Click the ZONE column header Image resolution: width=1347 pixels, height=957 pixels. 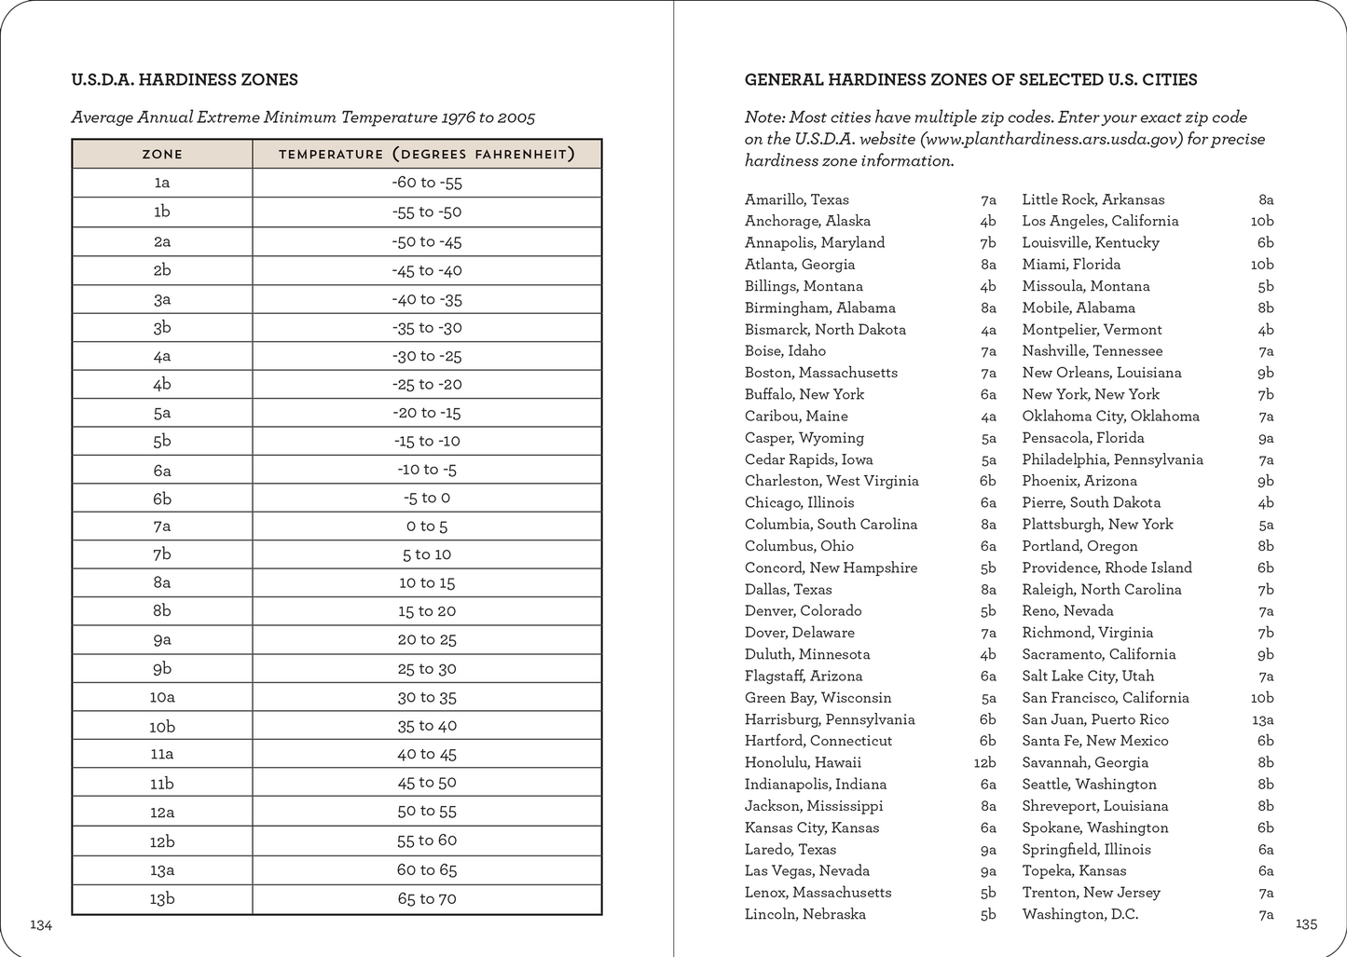click(162, 154)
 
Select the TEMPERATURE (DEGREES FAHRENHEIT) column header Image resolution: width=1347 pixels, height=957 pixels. click(427, 154)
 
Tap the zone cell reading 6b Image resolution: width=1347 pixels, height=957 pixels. click(162, 498)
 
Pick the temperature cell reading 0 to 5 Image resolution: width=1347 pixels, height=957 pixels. click(427, 526)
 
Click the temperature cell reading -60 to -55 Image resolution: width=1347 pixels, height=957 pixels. click(427, 183)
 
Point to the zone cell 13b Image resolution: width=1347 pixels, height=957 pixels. click(162, 899)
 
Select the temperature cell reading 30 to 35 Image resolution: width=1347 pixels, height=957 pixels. click(427, 697)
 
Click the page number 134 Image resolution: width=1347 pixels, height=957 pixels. click(41, 924)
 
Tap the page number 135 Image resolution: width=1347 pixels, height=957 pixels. click(1306, 924)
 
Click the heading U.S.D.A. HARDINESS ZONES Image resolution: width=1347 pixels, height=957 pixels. click(185, 80)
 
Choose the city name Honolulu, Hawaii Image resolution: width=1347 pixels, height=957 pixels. click(803, 762)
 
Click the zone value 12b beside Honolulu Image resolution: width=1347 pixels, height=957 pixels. click(984, 763)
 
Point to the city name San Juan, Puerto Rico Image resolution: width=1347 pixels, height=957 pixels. click(1095, 719)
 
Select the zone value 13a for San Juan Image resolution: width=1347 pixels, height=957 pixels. click(1262, 719)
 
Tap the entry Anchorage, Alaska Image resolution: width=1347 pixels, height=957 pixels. click(807, 221)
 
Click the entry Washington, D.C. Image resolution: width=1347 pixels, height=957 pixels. click(1079, 914)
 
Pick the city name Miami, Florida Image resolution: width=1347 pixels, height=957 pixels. click(1070, 265)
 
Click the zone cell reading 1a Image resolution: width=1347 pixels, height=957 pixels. click(162, 183)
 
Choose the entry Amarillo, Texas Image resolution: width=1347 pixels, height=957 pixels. click(797, 199)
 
